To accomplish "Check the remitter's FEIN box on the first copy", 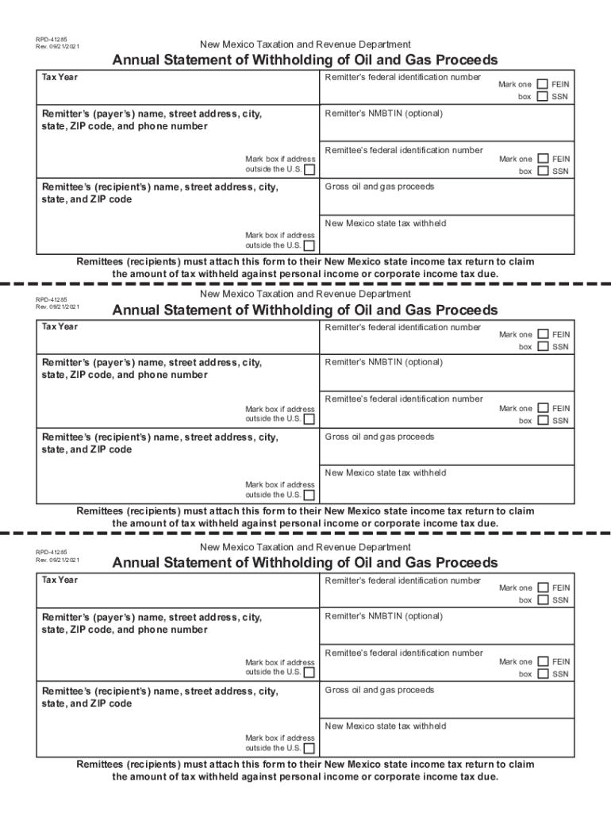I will coord(542,83).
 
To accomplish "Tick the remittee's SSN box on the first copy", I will coord(542,171).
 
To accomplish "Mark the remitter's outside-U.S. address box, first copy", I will coord(309,169).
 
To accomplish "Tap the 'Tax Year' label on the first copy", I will coord(60,77).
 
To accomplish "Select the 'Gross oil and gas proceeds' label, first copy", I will coord(379,187).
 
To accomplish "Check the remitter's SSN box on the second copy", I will coord(542,346).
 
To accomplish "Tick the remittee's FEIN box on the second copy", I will coord(542,408).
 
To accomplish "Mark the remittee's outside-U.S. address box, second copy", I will coord(309,495).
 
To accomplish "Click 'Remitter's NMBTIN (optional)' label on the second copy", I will coord(383,362).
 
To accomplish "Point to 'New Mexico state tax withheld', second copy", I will coord(386,473).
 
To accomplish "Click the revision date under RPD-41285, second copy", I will coord(57,306).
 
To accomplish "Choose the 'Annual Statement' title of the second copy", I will coord(305,310).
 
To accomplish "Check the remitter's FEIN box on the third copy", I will coord(542,588).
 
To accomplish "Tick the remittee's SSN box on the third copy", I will coord(542,674).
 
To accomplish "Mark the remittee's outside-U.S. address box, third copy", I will coord(309,748).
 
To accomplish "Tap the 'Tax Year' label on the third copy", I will coord(60,580).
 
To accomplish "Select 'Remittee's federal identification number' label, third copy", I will coord(404,653).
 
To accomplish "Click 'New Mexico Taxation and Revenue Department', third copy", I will coord(305,548).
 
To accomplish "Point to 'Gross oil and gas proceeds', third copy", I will coord(379,690).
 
